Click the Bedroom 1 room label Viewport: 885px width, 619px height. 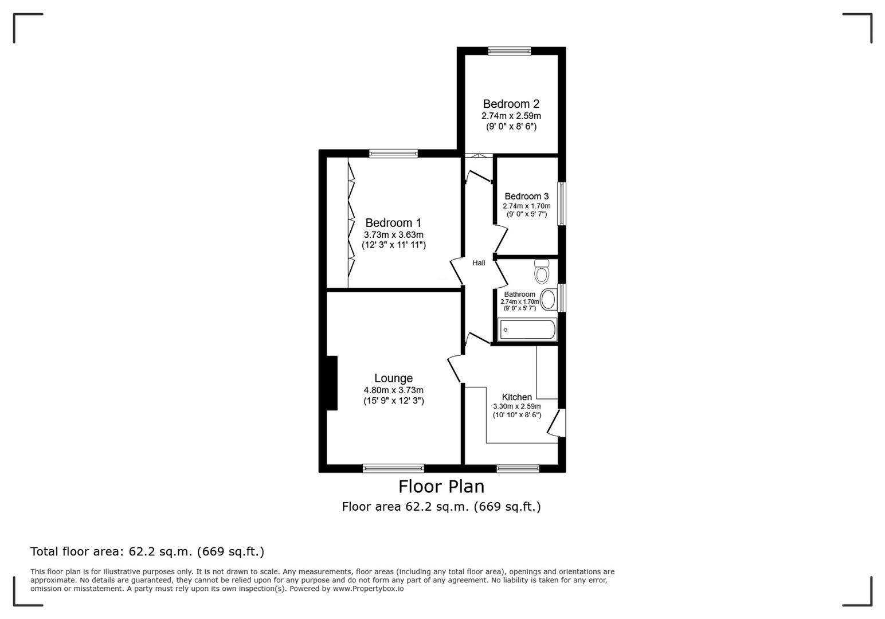pos(393,223)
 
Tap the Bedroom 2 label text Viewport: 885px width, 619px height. pos(511,104)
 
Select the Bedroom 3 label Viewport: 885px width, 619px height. pos(526,197)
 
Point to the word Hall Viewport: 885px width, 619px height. pos(479,263)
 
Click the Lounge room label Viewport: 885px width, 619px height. pos(393,378)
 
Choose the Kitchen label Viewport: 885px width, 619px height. pos(516,397)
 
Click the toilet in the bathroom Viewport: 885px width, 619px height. pos(541,272)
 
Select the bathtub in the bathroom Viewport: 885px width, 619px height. pos(528,330)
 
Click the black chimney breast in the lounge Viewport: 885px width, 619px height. pos(331,383)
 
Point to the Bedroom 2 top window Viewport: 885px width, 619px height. pos(510,51)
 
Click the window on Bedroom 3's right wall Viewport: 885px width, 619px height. pos(562,203)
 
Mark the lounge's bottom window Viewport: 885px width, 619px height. pos(393,468)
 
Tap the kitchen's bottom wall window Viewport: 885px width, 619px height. pos(518,468)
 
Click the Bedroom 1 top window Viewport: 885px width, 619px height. pos(393,153)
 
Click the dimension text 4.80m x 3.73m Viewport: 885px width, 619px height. pos(393,390)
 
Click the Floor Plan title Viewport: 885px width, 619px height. pos(441,487)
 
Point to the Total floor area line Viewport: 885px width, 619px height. pos(147,552)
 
